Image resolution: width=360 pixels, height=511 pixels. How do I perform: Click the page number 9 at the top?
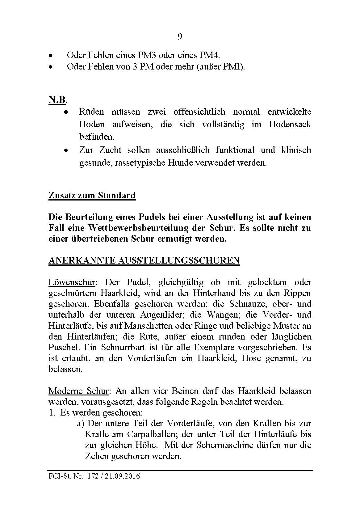[x=180, y=37]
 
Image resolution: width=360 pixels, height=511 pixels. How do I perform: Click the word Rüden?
[x=92, y=112]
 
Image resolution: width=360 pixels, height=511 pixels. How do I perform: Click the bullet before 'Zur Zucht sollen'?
[x=65, y=150]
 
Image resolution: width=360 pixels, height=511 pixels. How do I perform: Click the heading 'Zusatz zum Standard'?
[x=92, y=196]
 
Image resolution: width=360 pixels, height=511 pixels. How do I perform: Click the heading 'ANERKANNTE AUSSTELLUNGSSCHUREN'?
[x=144, y=260]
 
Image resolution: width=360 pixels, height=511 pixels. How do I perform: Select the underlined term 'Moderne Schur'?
[x=78, y=391]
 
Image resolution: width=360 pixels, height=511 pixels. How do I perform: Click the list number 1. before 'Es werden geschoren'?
[x=52, y=413]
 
